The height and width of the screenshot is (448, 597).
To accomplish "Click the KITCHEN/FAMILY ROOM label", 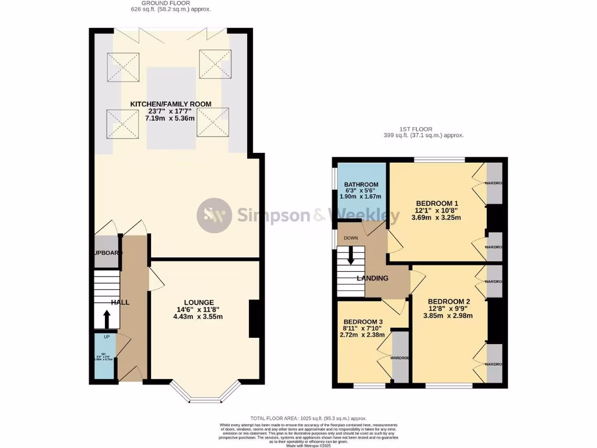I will point(170,104).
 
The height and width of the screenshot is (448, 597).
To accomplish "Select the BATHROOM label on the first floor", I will point(361,185).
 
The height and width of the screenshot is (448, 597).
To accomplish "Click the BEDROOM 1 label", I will point(437,202).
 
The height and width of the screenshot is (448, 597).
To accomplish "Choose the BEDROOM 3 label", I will point(363,322).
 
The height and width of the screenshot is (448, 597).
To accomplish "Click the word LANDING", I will point(373,278).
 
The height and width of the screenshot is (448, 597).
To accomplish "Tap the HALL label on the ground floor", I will point(120,302).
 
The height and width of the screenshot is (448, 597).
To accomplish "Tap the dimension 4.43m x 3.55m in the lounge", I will point(198,317).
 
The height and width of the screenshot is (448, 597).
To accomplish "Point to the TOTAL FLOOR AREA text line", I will point(308,418).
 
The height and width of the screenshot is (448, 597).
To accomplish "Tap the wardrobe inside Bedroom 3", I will point(400,356).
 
